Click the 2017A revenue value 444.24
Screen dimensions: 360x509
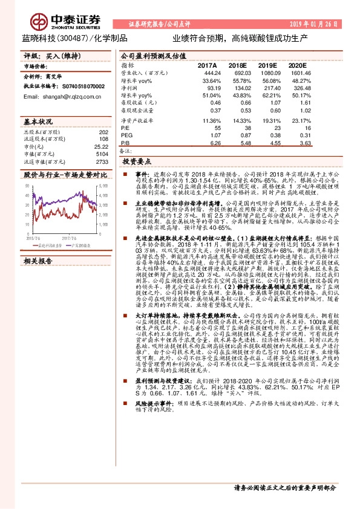tap(207, 73)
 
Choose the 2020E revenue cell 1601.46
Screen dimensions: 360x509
tap(299, 73)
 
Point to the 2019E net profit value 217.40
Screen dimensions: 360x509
tap(267, 88)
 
